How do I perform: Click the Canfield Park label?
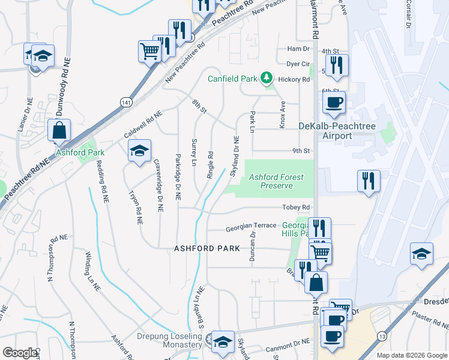232,79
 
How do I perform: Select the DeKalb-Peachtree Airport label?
325,131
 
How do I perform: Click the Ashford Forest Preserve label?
276,181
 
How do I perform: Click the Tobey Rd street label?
297,208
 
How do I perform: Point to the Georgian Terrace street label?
251,229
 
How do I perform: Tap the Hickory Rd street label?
298,79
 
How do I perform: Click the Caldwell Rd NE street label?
143,122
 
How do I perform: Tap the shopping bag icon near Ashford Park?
59,130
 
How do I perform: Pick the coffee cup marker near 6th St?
334,101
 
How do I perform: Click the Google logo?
20,353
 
